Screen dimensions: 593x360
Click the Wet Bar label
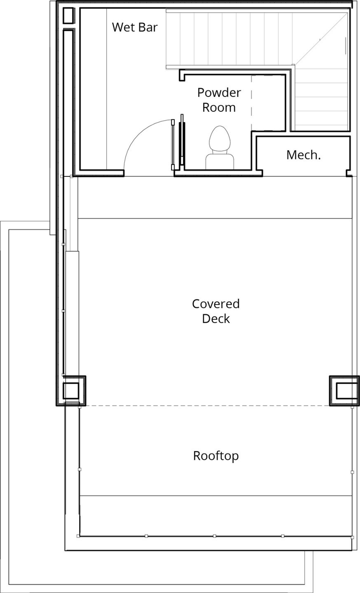coord(135,27)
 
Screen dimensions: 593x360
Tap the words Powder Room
coord(219,100)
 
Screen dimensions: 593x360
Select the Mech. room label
coord(303,155)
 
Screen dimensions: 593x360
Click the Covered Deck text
coord(216,311)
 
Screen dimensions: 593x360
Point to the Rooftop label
coord(216,456)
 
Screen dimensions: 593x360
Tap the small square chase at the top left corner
coord(68,16)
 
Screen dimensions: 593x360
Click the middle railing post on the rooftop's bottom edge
coord(215,536)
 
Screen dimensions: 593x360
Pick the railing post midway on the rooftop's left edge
coord(80,470)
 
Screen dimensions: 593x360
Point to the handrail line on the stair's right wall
coord(346,46)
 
